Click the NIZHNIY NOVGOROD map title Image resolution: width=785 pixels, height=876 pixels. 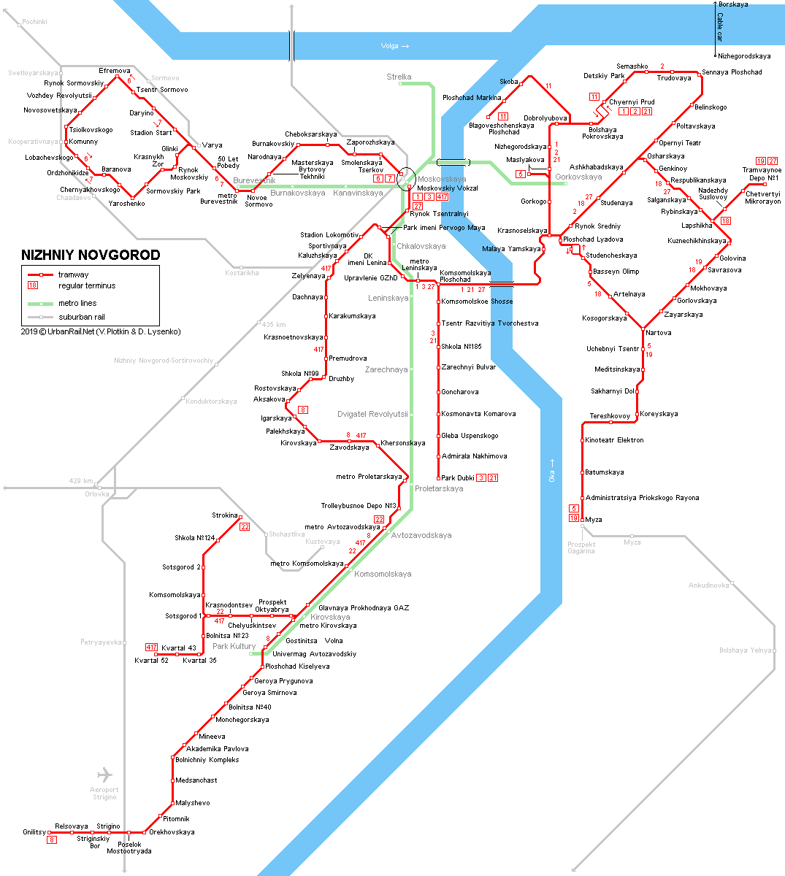(x=91, y=255)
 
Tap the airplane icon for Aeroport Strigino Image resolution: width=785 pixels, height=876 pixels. (x=104, y=775)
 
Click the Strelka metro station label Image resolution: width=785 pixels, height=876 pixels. (x=399, y=77)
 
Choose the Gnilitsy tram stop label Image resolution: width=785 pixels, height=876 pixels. (x=34, y=832)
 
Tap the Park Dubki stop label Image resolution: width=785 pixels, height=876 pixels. (x=458, y=477)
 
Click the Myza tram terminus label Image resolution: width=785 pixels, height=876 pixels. (x=594, y=520)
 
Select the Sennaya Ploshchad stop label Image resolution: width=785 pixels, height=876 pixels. (x=732, y=72)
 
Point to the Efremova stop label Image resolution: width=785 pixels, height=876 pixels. (x=114, y=71)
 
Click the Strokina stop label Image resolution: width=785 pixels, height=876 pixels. (x=225, y=515)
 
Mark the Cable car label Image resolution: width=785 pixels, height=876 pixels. (x=720, y=27)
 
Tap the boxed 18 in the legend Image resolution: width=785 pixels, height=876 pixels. (x=33, y=285)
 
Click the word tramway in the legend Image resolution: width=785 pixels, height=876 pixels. (x=74, y=274)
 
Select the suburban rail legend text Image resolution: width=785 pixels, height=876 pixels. (x=82, y=317)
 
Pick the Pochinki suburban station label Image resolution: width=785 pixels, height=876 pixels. (x=34, y=22)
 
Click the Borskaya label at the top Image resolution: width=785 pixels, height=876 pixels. (x=733, y=4)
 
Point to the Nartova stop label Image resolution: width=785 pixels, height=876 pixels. (x=658, y=332)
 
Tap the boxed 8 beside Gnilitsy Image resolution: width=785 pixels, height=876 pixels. (x=52, y=839)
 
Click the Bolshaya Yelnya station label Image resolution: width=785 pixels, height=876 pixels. (x=746, y=650)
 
